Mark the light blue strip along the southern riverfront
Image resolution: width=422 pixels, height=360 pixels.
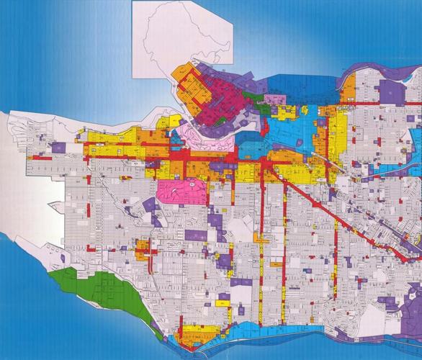[266, 331]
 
